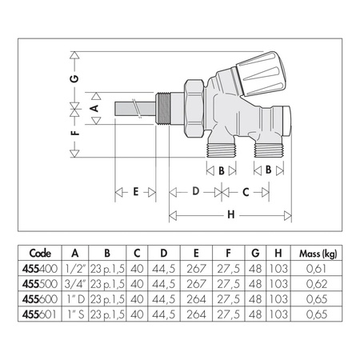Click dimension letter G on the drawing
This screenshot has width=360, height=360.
pos(74,79)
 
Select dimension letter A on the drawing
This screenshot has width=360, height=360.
pos(95,107)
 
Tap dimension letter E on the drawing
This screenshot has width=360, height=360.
pos(136,192)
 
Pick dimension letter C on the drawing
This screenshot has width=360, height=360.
pos(246,192)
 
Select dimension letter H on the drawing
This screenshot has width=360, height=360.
pos(230,214)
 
